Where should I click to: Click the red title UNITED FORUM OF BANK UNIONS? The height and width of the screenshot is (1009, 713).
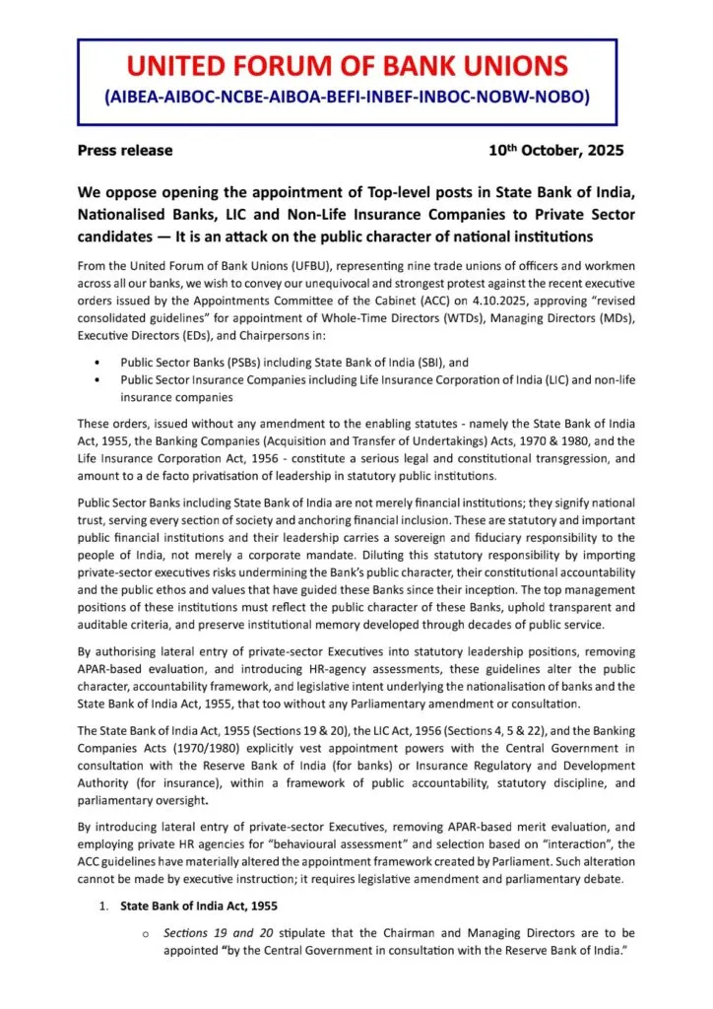(x=348, y=67)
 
